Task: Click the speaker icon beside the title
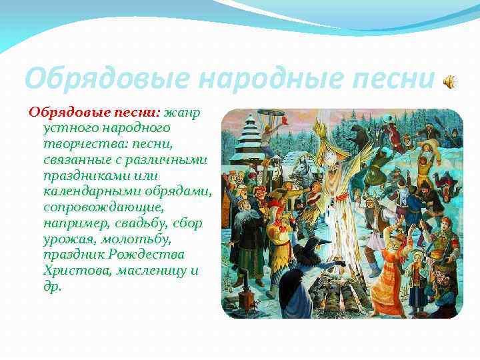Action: (x=450, y=82)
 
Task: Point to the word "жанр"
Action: (x=183, y=113)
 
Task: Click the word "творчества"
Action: (x=84, y=144)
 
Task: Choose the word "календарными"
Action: (x=92, y=191)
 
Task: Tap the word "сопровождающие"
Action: (x=104, y=208)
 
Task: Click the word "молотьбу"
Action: (x=135, y=239)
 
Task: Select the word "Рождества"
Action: (x=147, y=255)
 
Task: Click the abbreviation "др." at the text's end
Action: (x=53, y=287)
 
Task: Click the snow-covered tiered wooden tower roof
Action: (x=248, y=135)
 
